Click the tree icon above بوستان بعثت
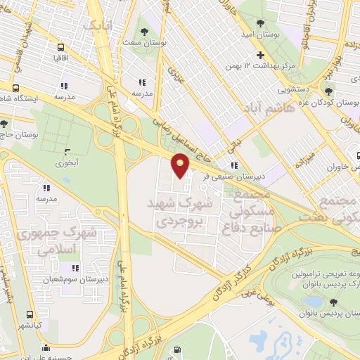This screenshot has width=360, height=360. click(144, 31)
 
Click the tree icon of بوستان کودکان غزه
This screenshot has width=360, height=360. click(328, 91)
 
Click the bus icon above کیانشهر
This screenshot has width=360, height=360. click(30, 314)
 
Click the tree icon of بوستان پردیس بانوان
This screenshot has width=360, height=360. click(333, 302)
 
